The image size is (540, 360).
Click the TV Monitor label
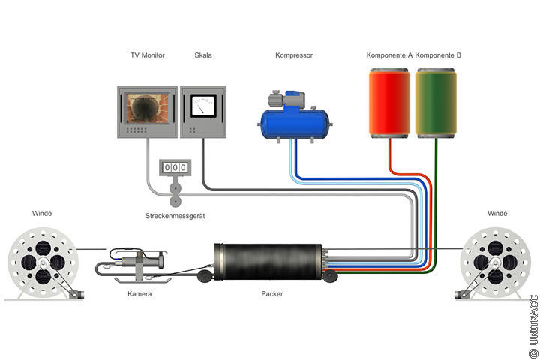[147, 55]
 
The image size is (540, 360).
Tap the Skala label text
[203, 55]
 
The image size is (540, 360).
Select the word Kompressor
[294, 55]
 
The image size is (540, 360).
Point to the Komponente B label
[438, 55]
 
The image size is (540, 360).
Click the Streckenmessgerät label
[175, 217]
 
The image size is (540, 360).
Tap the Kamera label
[139, 294]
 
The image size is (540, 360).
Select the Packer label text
[272, 294]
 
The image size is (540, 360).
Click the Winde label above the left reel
[42, 214]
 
